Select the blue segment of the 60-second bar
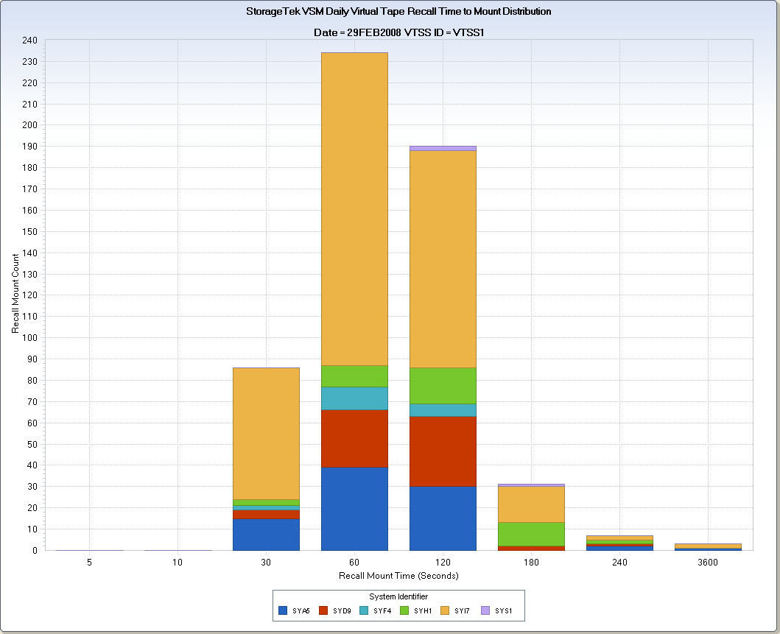(354, 509)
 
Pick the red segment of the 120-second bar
(443, 451)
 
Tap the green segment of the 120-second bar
(443, 385)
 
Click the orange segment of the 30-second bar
(266, 433)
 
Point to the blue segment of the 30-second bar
(266, 535)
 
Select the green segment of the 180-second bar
(531, 534)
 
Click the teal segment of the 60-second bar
(354, 398)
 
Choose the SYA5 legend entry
(294, 610)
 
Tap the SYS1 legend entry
(497, 610)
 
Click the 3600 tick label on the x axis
(708, 563)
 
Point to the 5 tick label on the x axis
(89, 563)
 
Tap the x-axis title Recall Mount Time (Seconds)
(398, 576)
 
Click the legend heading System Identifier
(398, 596)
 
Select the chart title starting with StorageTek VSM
(398, 12)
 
